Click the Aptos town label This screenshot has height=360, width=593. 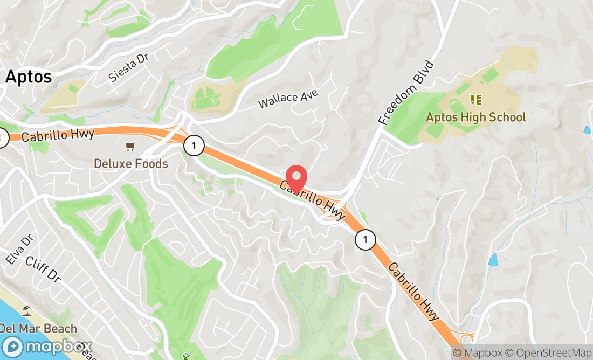click(29, 77)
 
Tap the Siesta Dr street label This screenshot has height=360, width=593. click(128, 67)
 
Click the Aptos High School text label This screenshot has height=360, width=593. click(475, 117)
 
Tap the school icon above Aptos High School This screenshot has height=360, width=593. click(475, 99)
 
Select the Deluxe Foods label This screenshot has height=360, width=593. click(131, 163)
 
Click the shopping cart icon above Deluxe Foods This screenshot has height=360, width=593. click(130, 146)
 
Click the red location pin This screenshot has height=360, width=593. click(296, 179)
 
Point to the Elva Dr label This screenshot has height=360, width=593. click(17, 250)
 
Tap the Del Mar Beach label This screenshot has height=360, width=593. click(38, 328)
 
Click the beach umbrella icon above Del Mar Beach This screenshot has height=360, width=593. click(26, 311)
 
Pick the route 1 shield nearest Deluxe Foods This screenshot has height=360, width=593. click(193, 145)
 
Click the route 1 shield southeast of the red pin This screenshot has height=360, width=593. click(365, 239)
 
